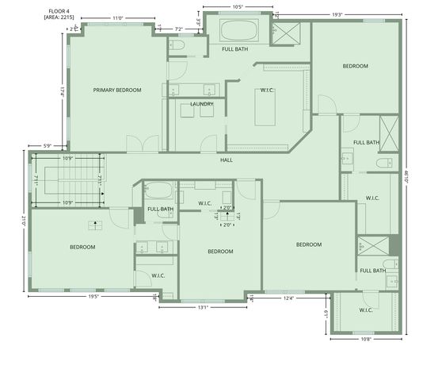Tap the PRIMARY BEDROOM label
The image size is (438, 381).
(117, 90)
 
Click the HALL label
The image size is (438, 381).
(227, 160)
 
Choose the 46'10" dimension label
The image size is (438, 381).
(408, 180)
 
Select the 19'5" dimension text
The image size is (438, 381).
(93, 297)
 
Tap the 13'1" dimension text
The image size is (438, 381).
(203, 307)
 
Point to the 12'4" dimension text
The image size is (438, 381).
(288, 298)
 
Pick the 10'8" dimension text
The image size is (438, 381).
(366, 339)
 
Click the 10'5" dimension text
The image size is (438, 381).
(237, 7)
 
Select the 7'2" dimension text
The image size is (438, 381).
(178, 29)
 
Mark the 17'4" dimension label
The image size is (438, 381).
(61, 91)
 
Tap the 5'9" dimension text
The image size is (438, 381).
(47, 145)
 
